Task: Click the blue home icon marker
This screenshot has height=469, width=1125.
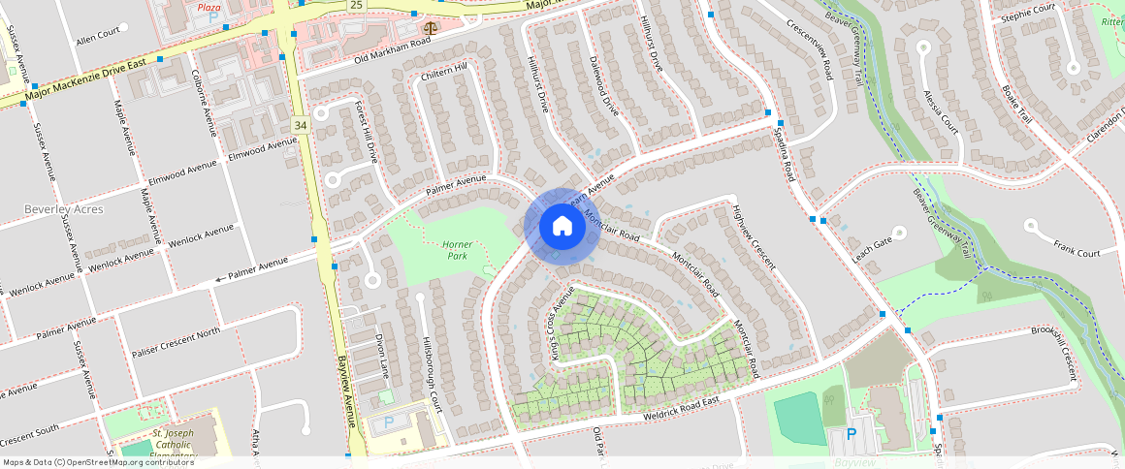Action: click(x=562, y=227)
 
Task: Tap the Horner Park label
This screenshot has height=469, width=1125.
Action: click(x=457, y=251)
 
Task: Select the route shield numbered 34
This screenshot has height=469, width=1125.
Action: click(x=301, y=126)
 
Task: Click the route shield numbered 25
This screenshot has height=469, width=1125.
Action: click(x=356, y=6)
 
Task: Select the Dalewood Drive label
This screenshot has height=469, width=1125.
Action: click(x=603, y=85)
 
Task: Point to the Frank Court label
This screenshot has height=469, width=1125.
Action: click(x=1077, y=251)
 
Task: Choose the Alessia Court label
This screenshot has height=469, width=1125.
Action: click(x=942, y=110)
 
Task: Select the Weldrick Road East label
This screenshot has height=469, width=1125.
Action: click(x=682, y=408)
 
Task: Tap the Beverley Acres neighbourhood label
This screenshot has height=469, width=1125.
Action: click(x=64, y=209)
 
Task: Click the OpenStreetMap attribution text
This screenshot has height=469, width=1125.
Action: click(x=98, y=462)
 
